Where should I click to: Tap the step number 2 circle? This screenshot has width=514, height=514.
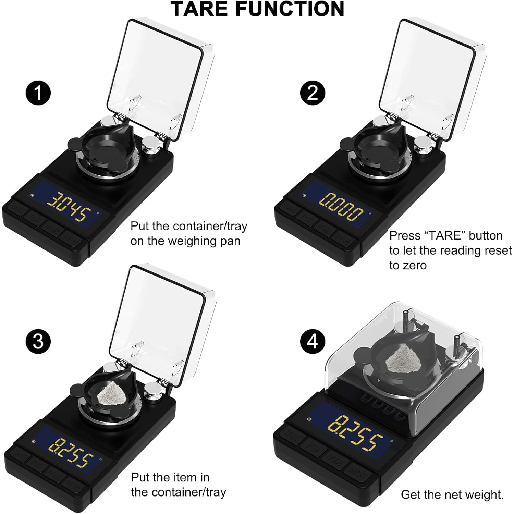(x=313, y=93)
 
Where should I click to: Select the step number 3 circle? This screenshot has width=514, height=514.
(x=38, y=341)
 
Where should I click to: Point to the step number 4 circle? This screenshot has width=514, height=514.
(x=313, y=341)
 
